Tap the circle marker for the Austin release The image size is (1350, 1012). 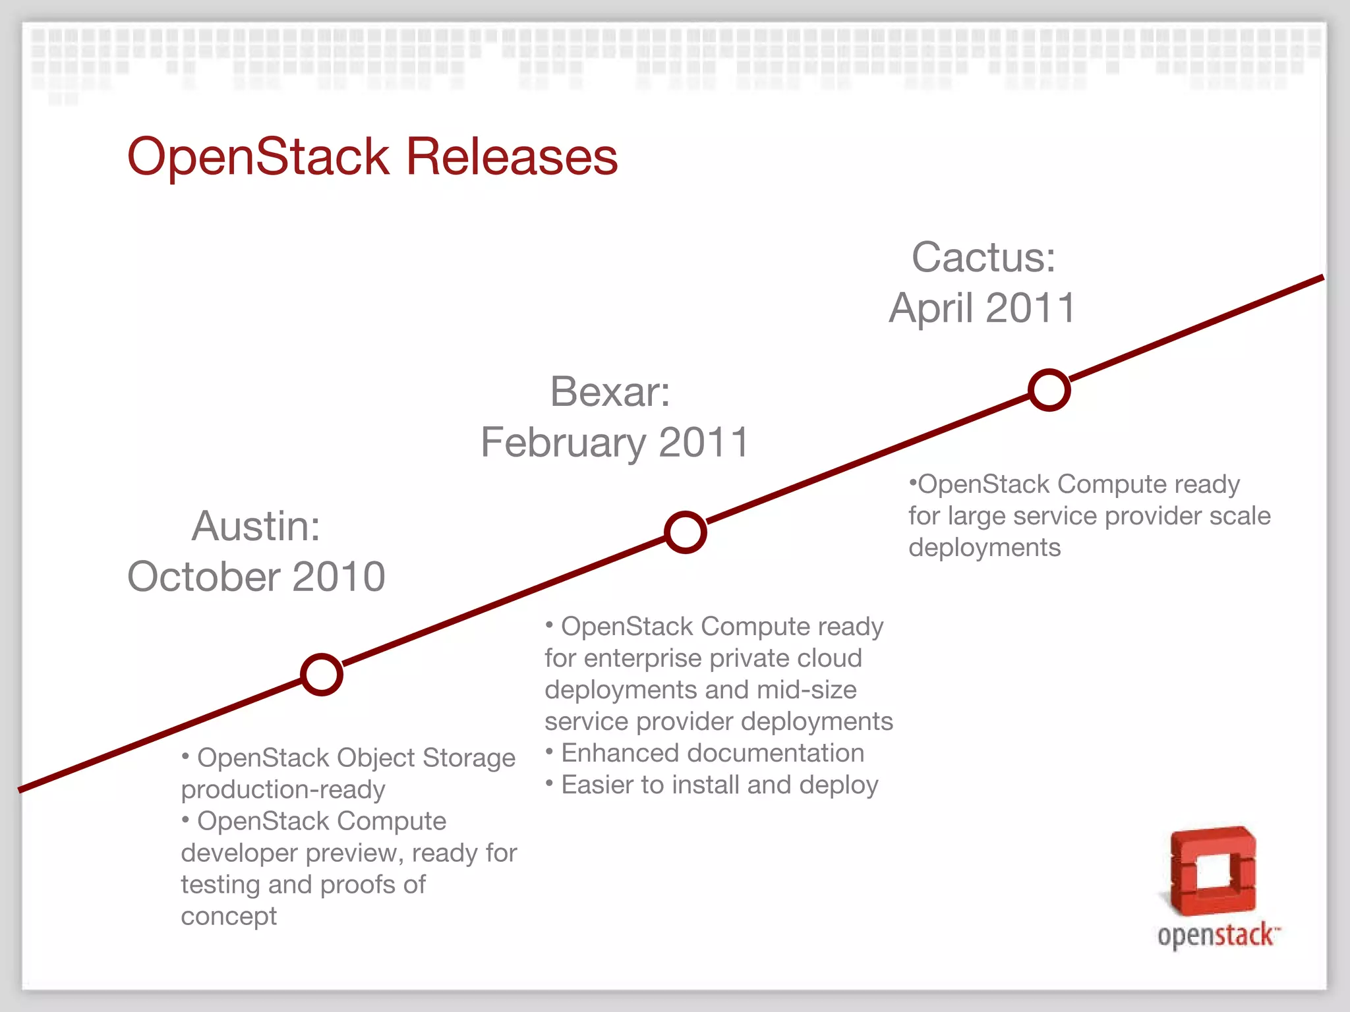pyautogui.click(x=322, y=675)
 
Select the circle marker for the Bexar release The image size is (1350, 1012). pyautogui.click(x=686, y=532)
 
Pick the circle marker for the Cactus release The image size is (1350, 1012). pyautogui.click(x=1049, y=390)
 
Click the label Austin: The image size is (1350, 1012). pyautogui.click(x=256, y=526)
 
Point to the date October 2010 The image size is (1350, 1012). pyautogui.click(x=256, y=576)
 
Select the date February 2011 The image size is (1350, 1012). pyautogui.click(x=614, y=442)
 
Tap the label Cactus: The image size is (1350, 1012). pyautogui.click(x=983, y=257)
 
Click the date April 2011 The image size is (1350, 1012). pyautogui.click(x=982, y=308)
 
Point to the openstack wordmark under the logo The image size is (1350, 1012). pyautogui.click(x=1217, y=936)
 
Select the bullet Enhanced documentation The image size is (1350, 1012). pyautogui.click(x=712, y=753)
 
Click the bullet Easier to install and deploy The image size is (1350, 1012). pyautogui.click(x=719, y=785)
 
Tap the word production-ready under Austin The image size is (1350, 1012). pyautogui.click(x=283, y=789)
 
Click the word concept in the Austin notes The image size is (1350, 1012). pyautogui.click(x=229, y=916)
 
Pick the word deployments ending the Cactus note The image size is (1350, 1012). pyautogui.click(x=984, y=548)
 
